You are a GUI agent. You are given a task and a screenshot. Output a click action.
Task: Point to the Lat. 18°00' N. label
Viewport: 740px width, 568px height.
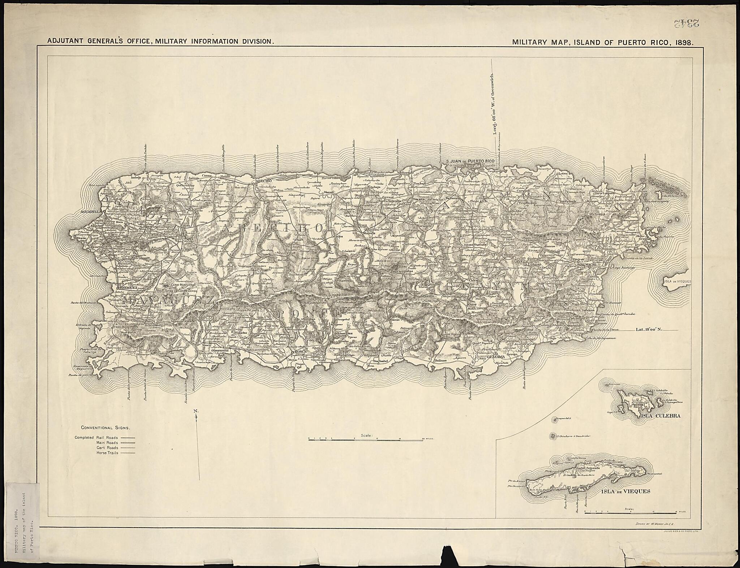click(649, 329)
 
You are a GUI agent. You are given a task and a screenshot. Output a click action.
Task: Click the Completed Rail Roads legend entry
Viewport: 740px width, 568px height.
click(96, 437)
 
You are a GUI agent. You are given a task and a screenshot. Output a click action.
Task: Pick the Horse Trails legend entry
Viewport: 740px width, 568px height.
click(107, 452)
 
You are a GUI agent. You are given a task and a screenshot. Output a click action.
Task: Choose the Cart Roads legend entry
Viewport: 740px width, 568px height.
click(108, 447)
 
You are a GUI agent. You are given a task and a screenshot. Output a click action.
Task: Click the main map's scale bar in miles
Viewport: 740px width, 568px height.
click(366, 439)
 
